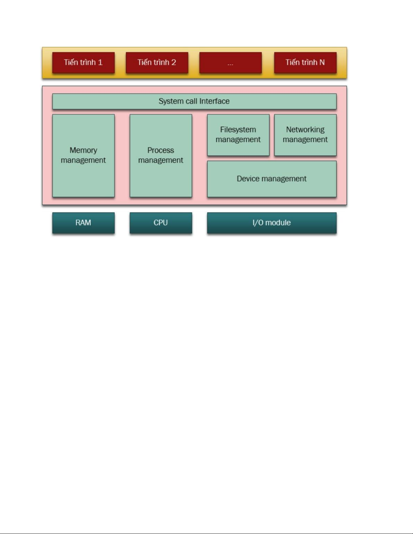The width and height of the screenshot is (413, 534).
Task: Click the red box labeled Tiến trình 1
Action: [83, 63]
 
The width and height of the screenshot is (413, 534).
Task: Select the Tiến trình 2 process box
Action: [157, 63]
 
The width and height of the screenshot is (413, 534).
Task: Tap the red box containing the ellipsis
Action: [230, 63]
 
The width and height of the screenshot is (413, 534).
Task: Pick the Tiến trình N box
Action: [305, 63]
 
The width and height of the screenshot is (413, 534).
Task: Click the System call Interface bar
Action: [194, 101]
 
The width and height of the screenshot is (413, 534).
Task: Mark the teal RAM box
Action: [83, 223]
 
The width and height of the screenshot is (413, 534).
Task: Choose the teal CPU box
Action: [161, 223]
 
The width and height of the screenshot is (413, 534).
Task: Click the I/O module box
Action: [272, 223]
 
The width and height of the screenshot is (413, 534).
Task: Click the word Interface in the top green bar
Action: [214, 101]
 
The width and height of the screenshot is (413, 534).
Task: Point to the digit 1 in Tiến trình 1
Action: [100, 63]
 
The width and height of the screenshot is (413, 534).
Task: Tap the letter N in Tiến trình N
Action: [322, 63]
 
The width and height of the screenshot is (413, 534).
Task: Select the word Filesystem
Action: [238, 130]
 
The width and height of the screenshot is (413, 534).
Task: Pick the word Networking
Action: [305, 130]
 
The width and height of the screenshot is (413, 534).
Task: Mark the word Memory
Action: [83, 150]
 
